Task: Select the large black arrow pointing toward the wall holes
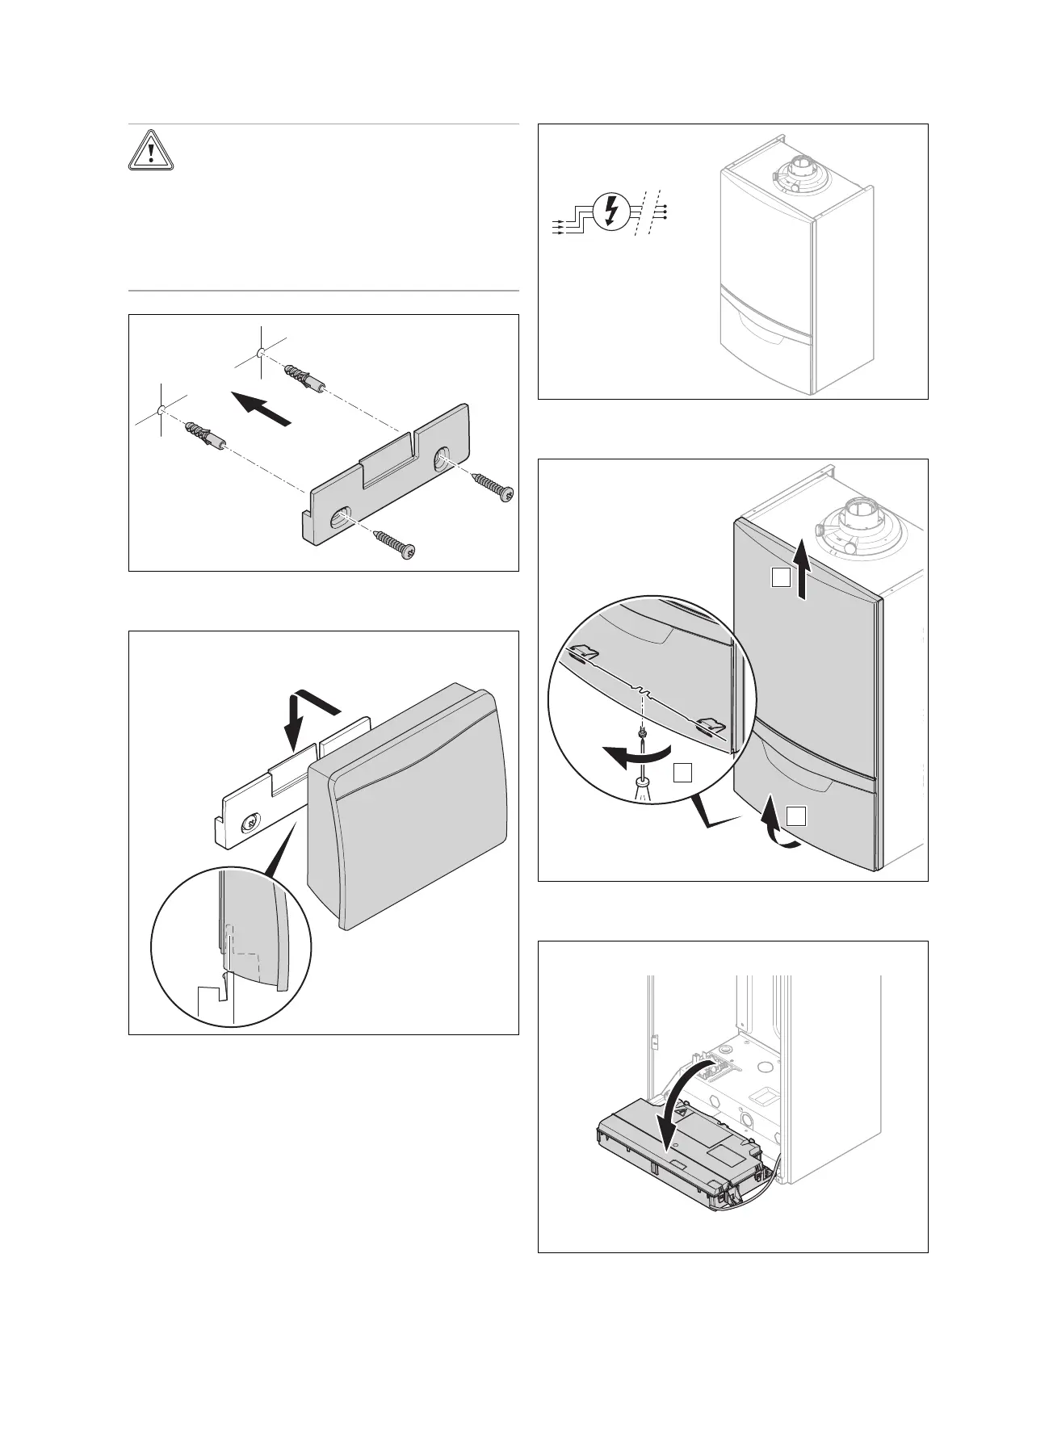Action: [259, 408]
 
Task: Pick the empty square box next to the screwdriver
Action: [682, 773]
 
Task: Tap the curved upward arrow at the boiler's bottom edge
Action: [774, 832]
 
